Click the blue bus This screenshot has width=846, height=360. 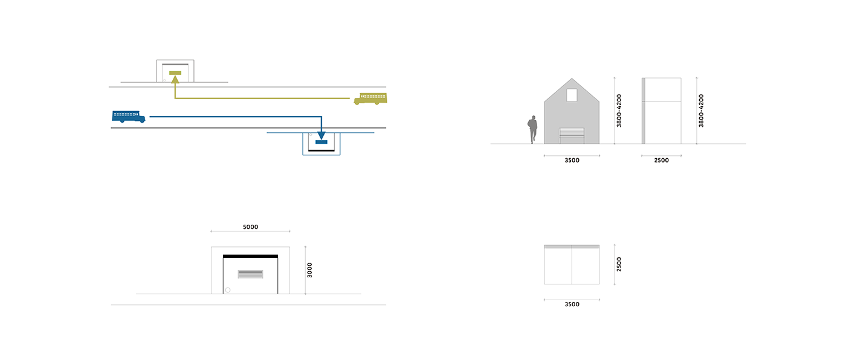[129, 116]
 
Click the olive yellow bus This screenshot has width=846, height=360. [370, 98]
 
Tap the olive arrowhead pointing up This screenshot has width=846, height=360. [175, 79]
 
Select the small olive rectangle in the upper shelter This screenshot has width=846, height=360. [175, 73]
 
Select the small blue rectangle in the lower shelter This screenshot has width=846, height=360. [321, 142]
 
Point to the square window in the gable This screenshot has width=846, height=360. [572, 95]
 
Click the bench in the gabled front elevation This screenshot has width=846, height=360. [572, 135]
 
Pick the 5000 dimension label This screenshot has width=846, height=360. [250, 227]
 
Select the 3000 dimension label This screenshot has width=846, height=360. [309, 270]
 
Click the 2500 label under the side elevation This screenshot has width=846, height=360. [661, 161]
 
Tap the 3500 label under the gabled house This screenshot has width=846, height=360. [572, 161]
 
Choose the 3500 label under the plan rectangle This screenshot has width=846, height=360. [572, 304]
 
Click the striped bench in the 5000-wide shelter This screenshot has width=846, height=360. [250, 274]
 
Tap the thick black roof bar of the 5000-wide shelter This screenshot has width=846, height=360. [250, 256]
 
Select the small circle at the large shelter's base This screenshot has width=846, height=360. [228, 290]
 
